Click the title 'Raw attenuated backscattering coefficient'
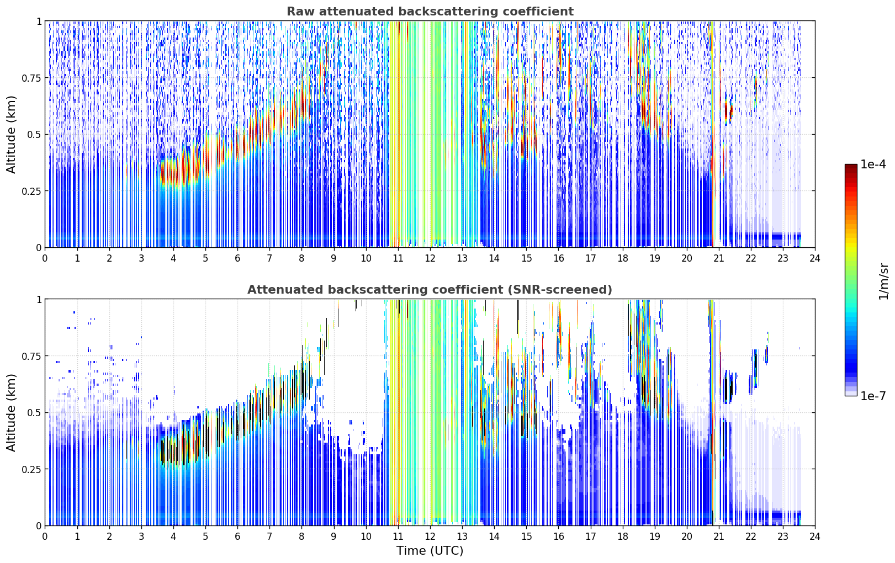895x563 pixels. pyautogui.click(x=430, y=11)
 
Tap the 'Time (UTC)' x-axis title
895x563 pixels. pyautogui.click(x=430, y=551)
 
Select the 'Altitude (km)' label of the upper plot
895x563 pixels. pyautogui.click(x=11, y=135)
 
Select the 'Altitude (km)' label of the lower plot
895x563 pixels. pyautogui.click(x=11, y=412)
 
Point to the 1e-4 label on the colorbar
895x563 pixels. pyautogui.click(x=873, y=164)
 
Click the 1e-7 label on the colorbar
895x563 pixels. pyautogui.click(x=873, y=396)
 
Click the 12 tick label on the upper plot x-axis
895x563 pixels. pyautogui.click(x=430, y=258)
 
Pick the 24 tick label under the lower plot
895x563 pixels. pyautogui.click(x=815, y=537)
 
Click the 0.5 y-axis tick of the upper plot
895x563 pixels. pyautogui.click(x=34, y=135)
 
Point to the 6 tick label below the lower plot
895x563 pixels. pyautogui.click(x=237, y=537)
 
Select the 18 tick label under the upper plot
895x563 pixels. pyautogui.click(x=622, y=258)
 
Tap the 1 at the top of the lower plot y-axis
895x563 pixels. pyautogui.click(x=39, y=300)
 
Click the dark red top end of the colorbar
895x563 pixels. pyautogui.click(x=851, y=166)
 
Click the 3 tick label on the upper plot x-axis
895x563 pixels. pyautogui.click(x=141, y=258)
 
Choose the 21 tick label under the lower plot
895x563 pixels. pyautogui.click(x=719, y=537)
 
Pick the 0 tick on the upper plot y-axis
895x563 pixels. pyautogui.click(x=39, y=248)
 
